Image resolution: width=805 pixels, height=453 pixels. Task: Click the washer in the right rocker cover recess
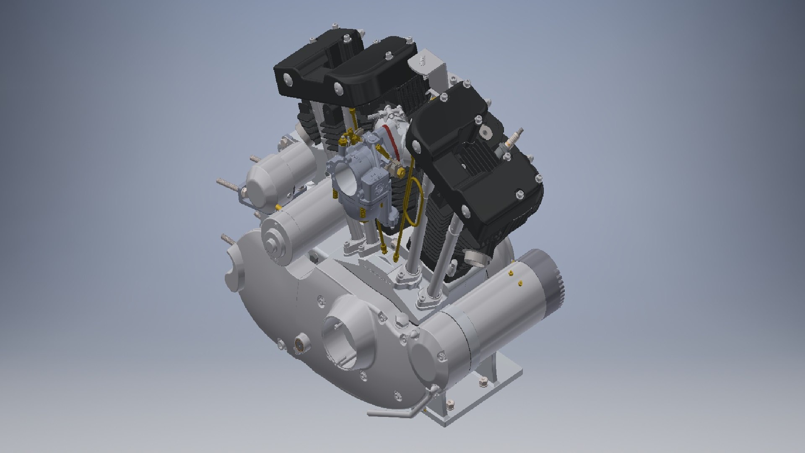485,133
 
